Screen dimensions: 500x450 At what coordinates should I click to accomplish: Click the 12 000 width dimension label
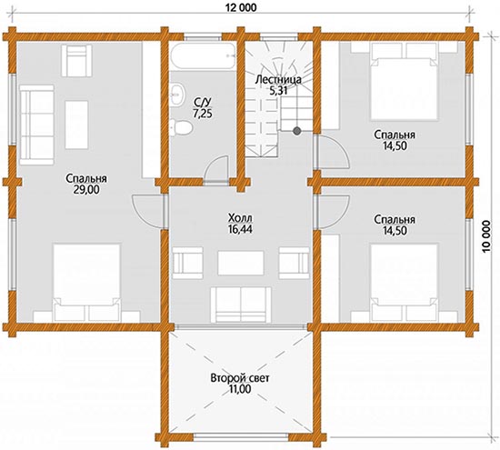241,7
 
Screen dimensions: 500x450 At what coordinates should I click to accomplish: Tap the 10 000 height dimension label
487,236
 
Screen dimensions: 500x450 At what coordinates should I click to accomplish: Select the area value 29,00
86,190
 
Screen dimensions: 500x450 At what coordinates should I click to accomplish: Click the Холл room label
240,218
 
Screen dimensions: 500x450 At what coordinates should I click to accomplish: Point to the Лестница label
278,79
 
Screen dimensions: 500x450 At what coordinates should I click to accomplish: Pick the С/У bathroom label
202,102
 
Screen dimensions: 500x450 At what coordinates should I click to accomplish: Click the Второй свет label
240,378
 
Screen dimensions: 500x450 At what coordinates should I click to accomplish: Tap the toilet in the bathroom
181,127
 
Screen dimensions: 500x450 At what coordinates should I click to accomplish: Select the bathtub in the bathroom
203,56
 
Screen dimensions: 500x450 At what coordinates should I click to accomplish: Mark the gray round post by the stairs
297,130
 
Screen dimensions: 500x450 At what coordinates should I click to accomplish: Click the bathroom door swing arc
215,169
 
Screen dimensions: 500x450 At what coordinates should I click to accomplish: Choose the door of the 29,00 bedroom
148,211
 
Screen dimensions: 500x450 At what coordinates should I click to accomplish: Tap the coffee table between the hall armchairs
241,263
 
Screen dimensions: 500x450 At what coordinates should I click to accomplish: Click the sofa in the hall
241,305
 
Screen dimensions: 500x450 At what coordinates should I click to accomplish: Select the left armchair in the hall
187,263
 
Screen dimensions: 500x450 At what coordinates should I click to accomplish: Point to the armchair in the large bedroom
76,61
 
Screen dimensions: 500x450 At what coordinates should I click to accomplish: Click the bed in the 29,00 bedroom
86,282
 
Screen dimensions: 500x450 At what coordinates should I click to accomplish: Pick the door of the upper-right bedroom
332,152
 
